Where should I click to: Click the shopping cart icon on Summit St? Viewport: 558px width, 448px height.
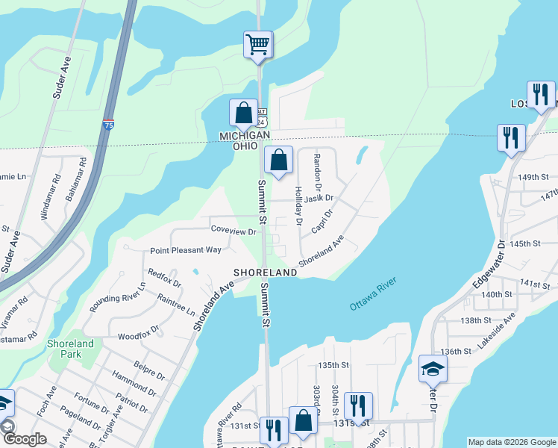coord(257,44)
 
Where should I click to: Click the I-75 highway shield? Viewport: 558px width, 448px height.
coord(109,123)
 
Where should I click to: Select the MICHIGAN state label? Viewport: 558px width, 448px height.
coord(244,135)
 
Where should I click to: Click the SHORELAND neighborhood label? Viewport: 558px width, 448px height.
coord(266,273)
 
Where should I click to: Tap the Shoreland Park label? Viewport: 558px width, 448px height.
coord(71,349)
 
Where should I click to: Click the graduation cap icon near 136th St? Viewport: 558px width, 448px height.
coord(433,369)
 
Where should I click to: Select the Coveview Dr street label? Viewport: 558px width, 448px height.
coord(233,231)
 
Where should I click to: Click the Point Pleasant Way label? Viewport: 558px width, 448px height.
coord(186,250)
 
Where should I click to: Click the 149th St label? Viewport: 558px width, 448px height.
coord(534,177)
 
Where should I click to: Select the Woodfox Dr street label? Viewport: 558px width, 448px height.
coord(138,329)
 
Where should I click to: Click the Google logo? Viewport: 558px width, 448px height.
coord(25,439)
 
